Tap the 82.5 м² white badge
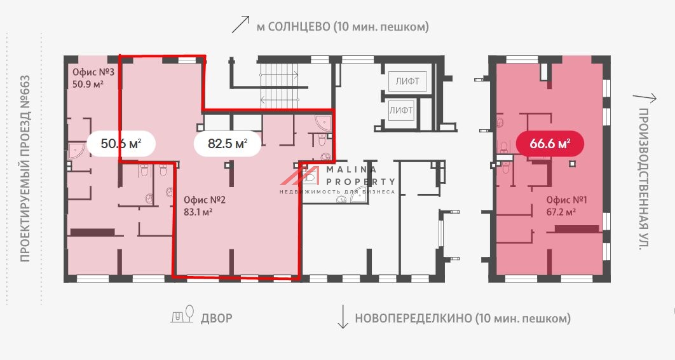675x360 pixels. pyautogui.click(x=228, y=144)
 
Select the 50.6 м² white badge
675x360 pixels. pyautogui.click(x=120, y=144)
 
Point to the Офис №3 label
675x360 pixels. pyautogui.click(x=93, y=72)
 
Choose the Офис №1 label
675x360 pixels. pyautogui.click(x=566, y=200)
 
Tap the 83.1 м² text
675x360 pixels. pyautogui.click(x=198, y=212)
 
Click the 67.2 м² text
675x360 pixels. pyautogui.click(x=561, y=212)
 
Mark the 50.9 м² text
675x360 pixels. pyautogui.click(x=88, y=84)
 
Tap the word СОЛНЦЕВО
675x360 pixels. pyautogui.click(x=299, y=27)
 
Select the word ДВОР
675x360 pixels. pyautogui.click(x=217, y=318)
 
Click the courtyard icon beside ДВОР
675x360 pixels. pyautogui.click(x=182, y=315)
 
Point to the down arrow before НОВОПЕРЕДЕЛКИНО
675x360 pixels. pyautogui.click(x=343, y=317)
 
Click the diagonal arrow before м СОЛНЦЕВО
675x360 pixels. pyautogui.click(x=240, y=25)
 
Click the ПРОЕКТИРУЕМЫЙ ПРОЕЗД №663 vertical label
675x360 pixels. pyautogui.click(x=25, y=168)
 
